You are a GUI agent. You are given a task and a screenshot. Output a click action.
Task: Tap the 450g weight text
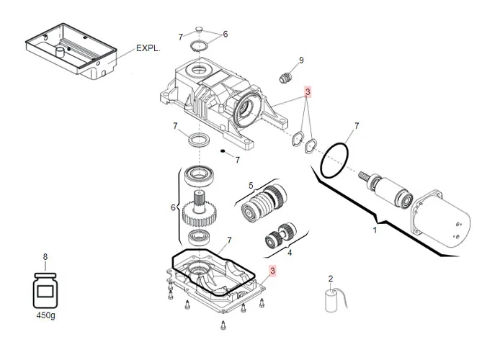(45, 314)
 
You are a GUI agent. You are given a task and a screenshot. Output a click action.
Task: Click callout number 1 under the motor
(374, 231)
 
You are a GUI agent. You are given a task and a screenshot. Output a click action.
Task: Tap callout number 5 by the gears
(251, 185)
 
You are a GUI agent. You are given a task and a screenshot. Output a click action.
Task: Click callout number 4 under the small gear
(290, 253)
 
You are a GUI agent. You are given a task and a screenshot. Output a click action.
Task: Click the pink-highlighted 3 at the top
(308, 92)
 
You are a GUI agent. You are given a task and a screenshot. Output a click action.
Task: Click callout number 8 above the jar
(45, 256)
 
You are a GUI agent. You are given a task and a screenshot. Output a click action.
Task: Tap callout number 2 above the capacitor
(330, 279)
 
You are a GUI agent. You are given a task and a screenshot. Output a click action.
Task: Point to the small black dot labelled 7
(223, 151)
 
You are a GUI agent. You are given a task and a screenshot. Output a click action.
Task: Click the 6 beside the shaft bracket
(173, 207)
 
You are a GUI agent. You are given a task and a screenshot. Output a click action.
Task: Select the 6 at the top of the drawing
(225, 34)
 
